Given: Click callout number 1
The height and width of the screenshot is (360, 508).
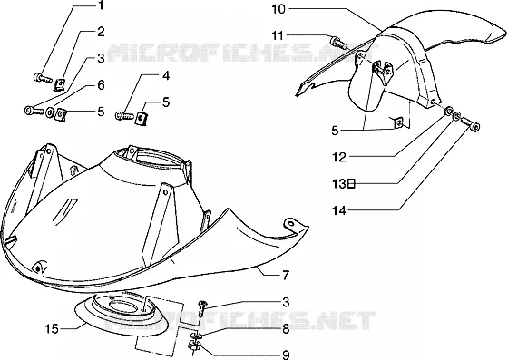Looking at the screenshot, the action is (101, 5).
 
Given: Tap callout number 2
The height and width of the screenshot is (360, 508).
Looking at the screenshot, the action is (101, 32).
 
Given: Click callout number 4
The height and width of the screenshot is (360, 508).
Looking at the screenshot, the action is (165, 76).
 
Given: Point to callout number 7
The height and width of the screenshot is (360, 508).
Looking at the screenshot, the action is (286, 276).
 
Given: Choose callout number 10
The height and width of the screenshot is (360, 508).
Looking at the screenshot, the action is (278, 9).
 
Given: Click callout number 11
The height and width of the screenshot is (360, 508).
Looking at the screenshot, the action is (278, 35).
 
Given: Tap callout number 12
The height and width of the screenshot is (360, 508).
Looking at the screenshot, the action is (339, 158).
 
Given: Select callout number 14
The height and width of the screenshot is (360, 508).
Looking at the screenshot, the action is (339, 211).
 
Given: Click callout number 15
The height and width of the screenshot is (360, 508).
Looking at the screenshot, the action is (52, 329).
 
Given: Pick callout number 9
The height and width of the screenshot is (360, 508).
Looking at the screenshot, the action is (286, 355).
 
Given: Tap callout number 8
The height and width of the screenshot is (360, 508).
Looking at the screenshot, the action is (286, 329).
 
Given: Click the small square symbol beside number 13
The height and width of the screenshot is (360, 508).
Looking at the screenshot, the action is (351, 184).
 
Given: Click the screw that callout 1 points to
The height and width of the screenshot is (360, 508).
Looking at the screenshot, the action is (43, 78).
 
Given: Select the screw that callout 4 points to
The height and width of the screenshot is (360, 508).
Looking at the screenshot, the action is (124, 115).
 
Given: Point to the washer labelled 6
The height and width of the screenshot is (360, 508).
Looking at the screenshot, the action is (51, 112).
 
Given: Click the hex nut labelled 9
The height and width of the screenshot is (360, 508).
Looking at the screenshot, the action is (192, 347).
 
